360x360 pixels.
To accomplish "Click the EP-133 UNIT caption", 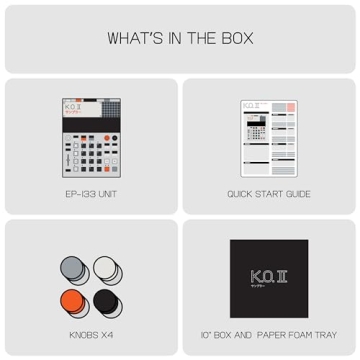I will point(90,194).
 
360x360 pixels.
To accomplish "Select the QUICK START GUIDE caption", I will point(268,194).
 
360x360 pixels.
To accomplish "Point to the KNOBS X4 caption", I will point(90,335).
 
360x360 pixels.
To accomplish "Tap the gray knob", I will point(74,267).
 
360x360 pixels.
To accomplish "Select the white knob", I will point(105,267).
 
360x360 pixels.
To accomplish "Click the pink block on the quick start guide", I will point(290,107).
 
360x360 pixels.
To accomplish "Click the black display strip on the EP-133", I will point(90,124).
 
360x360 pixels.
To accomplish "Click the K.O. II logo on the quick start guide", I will point(251,105).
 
